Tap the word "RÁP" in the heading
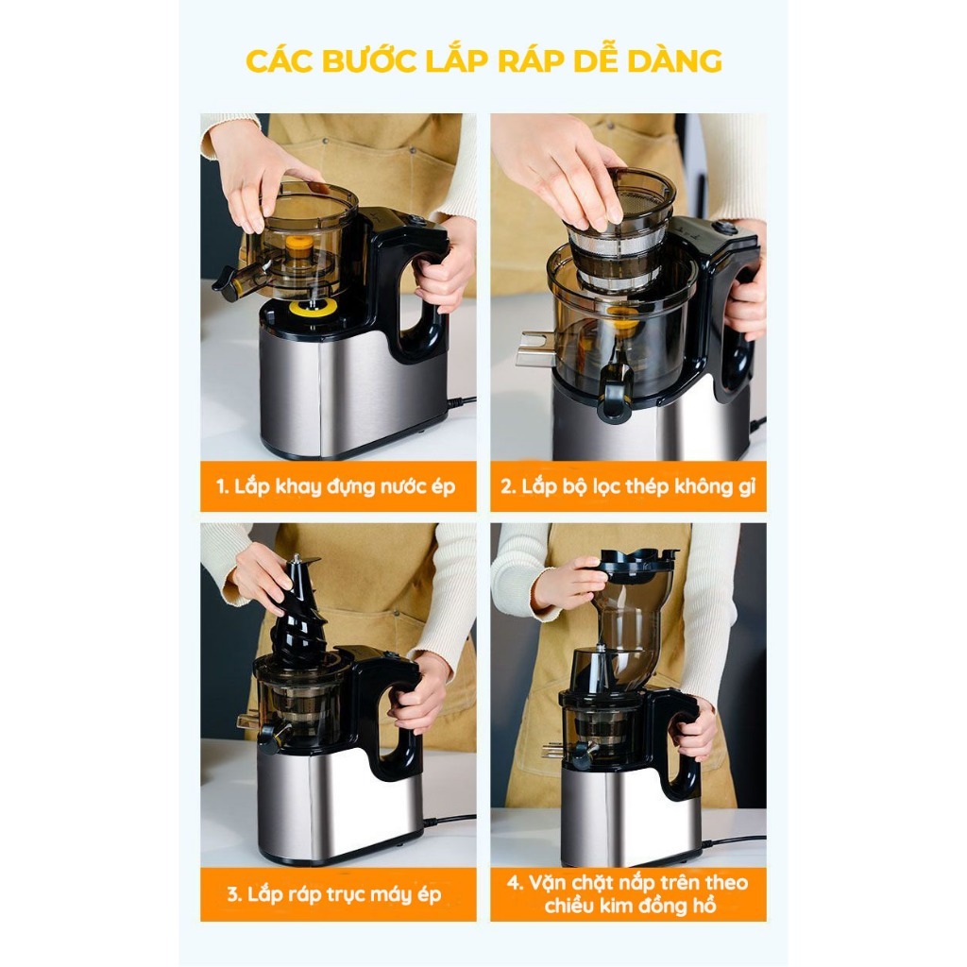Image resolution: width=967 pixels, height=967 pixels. (529, 61)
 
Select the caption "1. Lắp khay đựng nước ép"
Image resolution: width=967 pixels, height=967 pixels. (335, 486)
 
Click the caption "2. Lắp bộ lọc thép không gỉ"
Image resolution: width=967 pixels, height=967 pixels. (628, 486)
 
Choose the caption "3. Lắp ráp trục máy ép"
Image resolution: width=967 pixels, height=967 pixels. (334, 894)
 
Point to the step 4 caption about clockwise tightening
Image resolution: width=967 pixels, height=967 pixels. (628, 894)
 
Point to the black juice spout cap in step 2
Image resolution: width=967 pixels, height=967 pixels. (615, 399)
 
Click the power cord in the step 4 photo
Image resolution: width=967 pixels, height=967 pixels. (734, 840)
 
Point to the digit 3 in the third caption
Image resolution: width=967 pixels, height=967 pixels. (232, 895)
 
